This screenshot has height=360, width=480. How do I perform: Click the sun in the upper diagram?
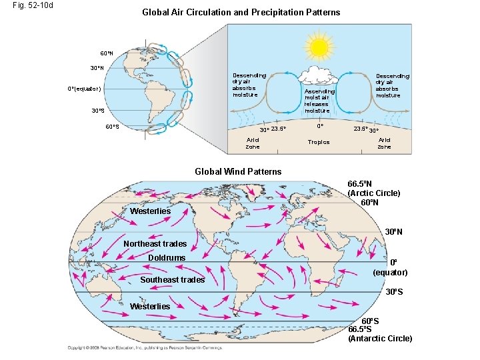click(x=318, y=46)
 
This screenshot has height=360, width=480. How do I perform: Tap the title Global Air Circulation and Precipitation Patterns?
click(x=241, y=12)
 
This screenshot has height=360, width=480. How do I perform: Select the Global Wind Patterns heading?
click(x=238, y=171)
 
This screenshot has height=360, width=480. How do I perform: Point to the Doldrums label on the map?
click(x=167, y=257)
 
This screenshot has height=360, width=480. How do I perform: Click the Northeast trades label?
click(x=155, y=243)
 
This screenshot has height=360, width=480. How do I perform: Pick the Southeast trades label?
click(x=172, y=280)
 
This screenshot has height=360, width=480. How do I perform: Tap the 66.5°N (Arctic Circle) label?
click(x=374, y=189)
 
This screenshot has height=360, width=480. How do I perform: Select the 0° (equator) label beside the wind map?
click(x=390, y=267)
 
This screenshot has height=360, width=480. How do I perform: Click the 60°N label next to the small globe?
click(x=107, y=53)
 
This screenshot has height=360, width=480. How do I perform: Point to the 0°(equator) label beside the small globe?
click(x=84, y=89)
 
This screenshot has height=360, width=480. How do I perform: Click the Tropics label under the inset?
click(x=318, y=142)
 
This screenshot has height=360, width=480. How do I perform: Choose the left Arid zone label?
click(x=253, y=143)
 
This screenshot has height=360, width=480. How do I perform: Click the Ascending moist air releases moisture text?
click(x=319, y=101)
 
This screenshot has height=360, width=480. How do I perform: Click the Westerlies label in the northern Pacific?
click(x=150, y=211)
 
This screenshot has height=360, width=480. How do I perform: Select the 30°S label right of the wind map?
click(x=396, y=292)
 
